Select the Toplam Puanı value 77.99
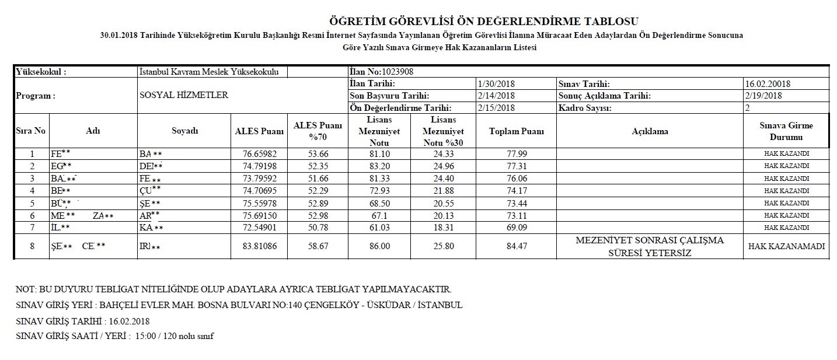[516, 154]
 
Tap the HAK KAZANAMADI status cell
[786, 247]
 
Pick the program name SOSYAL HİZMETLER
[184, 95]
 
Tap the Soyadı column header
[184, 131]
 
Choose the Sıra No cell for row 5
[32, 203]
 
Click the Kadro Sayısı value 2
[747, 108]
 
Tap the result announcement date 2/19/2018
[763, 96]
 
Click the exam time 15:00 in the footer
[145, 337]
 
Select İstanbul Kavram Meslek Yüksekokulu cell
[209, 72]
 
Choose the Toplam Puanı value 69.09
[516, 228]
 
